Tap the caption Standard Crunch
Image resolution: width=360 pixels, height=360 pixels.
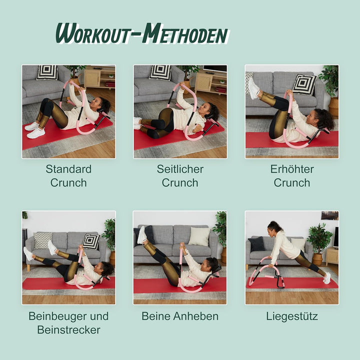pos(68,175)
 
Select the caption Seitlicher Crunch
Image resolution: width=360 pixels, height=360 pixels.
pos(180,175)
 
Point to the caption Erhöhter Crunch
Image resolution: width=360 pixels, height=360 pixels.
pos(291,175)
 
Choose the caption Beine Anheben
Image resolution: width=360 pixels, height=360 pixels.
pos(180,316)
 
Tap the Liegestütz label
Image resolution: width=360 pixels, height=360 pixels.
pos(291,316)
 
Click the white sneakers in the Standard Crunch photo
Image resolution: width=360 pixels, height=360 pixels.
pos(34,130)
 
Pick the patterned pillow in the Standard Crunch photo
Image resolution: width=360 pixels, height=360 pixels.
pos(47,72)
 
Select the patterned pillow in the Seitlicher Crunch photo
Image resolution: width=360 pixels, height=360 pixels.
pos(160,72)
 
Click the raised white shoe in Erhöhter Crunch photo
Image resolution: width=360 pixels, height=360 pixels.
pos(253,88)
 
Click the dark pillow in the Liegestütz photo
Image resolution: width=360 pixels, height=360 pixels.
pos(257,244)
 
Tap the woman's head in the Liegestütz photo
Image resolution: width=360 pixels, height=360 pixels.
pos(274,227)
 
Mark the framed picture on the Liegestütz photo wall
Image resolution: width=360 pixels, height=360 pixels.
pos(329,215)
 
